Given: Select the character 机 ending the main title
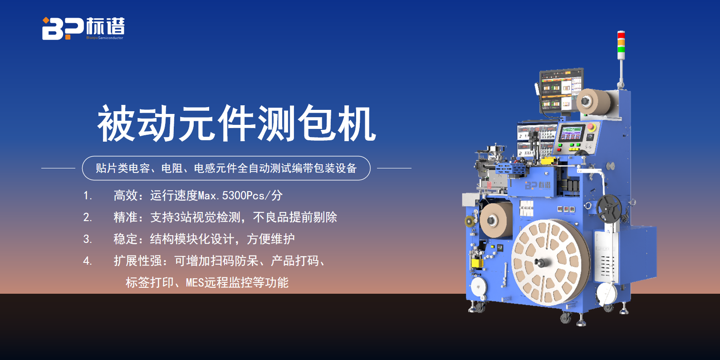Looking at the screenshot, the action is (356, 124).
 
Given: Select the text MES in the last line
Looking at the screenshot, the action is (195, 282).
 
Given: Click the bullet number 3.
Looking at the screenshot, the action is (87, 239).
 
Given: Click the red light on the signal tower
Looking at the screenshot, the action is (621, 35).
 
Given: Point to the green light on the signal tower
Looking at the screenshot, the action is (621, 49).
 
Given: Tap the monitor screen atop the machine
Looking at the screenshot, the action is (561, 90).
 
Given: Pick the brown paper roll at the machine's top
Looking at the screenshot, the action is (593, 102).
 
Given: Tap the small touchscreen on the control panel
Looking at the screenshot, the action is (572, 133).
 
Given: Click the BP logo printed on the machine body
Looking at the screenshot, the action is (537, 185).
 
